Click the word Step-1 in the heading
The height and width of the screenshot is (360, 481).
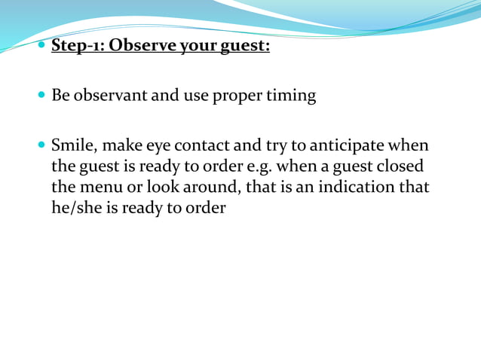77,47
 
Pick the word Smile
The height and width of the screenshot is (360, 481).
72,145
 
